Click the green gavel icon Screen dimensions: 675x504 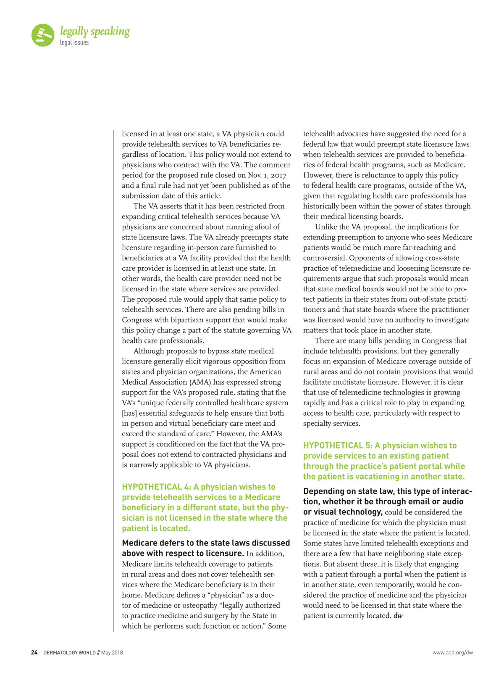pyautogui.click(x=43, y=35)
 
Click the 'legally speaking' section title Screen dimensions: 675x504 pyautogui.click(x=95, y=32)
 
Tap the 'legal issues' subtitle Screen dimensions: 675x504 pyautogui.click(x=74, y=42)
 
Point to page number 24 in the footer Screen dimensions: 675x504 pyautogui.click(x=34, y=653)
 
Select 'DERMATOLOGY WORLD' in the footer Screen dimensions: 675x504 pyautogui.click(x=69, y=653)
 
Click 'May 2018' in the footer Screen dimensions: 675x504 pyautogui.click(x=112, y=653)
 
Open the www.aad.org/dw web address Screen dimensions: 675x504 pyautogui.click(x=452, y=653)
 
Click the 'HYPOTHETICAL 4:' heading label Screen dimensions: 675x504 pyautogui.click(x=157, y=487)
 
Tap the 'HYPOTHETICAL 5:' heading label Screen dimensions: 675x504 pyautogui.click(x=338, y=446)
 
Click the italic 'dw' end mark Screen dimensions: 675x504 pyautogui.click(x=398, y=616)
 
